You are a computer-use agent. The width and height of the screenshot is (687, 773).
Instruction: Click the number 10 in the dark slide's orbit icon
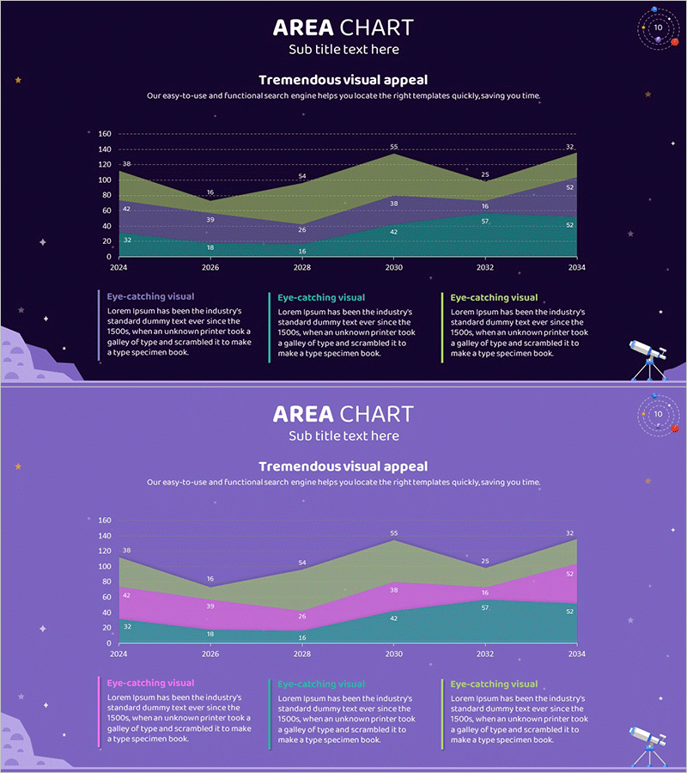[658, 27]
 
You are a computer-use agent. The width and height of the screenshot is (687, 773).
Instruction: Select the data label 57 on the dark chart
[485, 221]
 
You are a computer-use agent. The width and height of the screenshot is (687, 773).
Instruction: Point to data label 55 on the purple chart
[394, 533]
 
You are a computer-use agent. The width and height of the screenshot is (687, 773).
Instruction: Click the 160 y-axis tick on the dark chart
[104, 134]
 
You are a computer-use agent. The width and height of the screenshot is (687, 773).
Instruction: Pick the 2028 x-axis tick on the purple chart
[301, 654]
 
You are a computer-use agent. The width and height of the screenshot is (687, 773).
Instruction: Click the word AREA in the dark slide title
[303, 27]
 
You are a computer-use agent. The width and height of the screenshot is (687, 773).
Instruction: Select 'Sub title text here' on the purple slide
[343, 435]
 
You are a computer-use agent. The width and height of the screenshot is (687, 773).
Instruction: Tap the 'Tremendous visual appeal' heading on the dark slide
[343, 80]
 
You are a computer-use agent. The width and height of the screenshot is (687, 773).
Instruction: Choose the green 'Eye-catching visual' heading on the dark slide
[494, 298]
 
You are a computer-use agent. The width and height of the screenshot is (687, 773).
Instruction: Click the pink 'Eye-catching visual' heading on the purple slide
[150, 683]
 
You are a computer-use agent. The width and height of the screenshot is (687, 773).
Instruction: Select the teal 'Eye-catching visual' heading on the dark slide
[321, 298]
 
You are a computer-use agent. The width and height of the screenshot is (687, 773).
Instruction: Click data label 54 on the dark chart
[302, 176]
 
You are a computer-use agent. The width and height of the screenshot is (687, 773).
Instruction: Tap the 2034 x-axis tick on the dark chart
[575, 267]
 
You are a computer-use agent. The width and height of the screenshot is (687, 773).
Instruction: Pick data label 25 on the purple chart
[485, 562]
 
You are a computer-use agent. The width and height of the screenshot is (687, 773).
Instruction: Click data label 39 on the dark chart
[210, 220]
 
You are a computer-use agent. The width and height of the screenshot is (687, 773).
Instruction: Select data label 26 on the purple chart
[302, 616]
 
